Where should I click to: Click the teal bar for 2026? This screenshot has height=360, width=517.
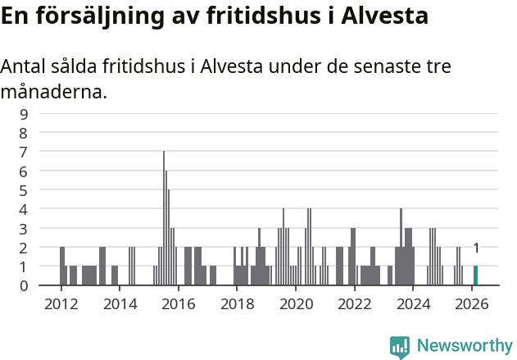click(x=475, y=276)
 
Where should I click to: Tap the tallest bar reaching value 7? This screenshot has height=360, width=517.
click(x=164, y=218)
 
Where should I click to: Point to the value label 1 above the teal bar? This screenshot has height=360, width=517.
click(x=476, y=248)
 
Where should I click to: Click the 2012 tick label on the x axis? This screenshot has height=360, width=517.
click(x=61, y=303)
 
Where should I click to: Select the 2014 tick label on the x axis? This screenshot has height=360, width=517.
click(x=120, y=303)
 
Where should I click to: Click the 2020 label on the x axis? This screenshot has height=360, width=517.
click(x=296, y=303)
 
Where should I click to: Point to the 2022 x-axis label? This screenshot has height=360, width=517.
click(x=355, y=303)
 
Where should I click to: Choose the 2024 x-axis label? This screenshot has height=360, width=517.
click(x=413, y=303)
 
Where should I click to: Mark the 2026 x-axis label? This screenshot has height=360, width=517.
click(x=472, y=303)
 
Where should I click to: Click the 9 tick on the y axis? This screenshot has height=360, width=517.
click(x=24, y=114)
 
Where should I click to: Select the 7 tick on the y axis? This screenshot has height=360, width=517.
click(x=24, y=152)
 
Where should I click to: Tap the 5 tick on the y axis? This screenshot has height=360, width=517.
click(x=24, y=190)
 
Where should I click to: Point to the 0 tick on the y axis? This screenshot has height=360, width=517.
click(x=24, y=285)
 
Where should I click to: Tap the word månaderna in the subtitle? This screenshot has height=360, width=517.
click(x=54, y=92)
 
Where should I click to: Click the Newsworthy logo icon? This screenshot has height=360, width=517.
click(x=400, y=346)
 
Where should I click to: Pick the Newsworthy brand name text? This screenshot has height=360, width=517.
click(x=465, y=346)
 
